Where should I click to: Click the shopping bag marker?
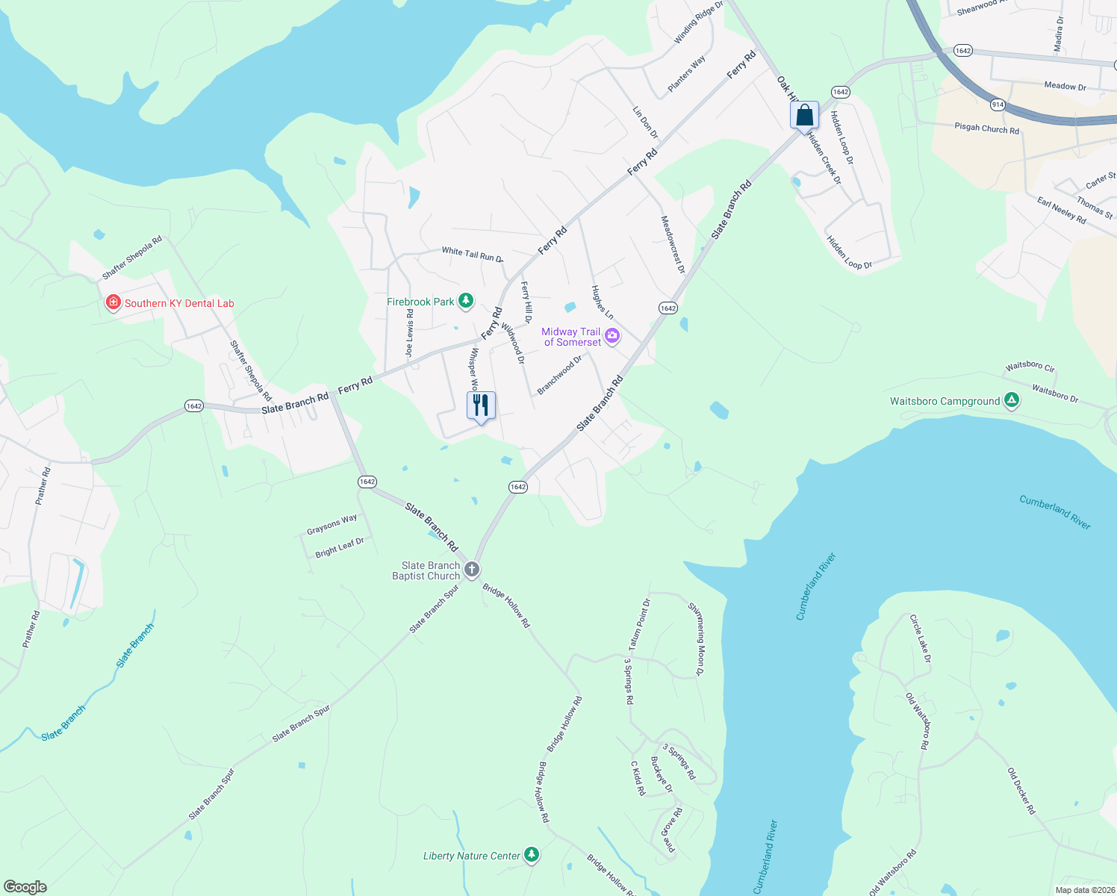tap(804, 116)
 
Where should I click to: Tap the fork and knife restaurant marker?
tap(481, 405)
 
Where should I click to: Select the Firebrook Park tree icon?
tap(466, 301)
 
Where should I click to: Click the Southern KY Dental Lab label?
tap(179, 303)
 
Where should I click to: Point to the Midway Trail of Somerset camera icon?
tap(612, 336)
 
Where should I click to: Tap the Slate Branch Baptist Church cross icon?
tap(472, 570)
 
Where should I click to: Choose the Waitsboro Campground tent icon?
tap(1012, 401)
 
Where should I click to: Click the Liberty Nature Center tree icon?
tap(532, 854)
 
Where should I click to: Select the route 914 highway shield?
tap(998, 105)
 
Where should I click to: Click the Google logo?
tap(25, 887)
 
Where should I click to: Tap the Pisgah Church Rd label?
tap(986, 128)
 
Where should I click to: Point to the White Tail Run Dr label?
tap(472, 255)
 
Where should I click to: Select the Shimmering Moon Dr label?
tap(696, 638)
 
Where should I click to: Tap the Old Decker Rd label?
tap(1021, 791)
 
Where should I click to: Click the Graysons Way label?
tap(332, 525)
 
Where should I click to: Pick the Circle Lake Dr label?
tap(921, 638)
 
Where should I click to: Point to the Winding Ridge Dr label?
tap(699, 22)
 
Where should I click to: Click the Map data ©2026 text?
tap(1085, 889)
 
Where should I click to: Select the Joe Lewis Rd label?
tap(409, 334)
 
